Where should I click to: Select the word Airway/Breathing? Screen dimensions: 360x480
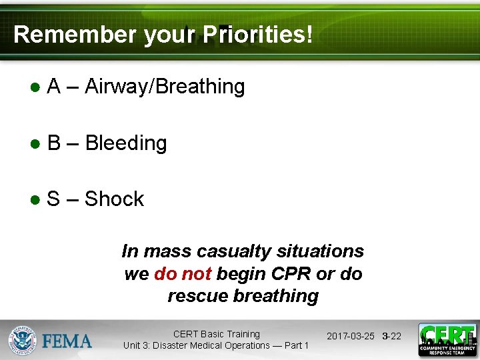coord(165,87)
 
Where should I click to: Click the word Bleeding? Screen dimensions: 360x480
coord(126,143)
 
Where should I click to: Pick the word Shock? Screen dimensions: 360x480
coord(114,199)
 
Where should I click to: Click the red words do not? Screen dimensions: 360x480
coord(183,273)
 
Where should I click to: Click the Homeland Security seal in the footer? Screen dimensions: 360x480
coord(23,340)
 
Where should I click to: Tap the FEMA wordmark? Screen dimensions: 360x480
coord(67,341)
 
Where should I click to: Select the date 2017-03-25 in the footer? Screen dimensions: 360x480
coord(351,336)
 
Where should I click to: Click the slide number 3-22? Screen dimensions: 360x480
coord(392,336)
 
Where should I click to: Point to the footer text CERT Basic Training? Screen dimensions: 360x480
coord(216,334)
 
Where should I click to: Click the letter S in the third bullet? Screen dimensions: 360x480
coord(53,199)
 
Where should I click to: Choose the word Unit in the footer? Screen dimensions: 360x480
coord(133,345)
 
